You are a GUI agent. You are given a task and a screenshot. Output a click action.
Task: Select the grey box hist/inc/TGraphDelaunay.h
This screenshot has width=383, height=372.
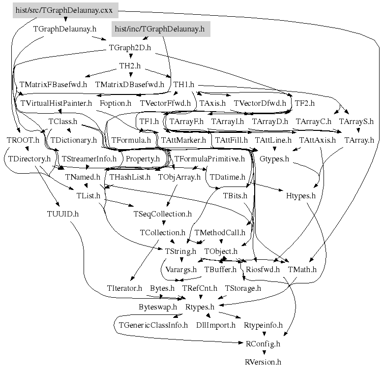(x=159, y=30)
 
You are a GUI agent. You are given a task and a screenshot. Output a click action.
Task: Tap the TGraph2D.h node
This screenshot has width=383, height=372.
(x=130, y=48)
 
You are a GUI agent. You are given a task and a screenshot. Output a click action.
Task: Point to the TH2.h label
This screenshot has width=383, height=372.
(x=130, y=66)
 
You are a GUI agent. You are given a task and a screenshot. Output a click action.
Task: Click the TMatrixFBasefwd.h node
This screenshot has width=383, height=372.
(x=53, y=85)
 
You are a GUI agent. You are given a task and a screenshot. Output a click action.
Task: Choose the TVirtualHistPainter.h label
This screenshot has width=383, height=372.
(x=56, y=103)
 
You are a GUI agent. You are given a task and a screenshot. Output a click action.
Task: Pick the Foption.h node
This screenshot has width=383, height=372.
(x=115, y=103)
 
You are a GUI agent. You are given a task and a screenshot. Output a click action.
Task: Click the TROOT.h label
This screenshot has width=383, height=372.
(x=23, y=140)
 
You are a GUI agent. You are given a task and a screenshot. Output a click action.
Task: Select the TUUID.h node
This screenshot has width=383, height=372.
(x=63, y=214)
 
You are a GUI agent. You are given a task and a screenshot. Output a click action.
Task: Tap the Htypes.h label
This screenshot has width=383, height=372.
(x=300, y=196)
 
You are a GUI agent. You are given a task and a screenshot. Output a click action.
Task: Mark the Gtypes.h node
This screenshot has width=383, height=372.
(x=274, y=159)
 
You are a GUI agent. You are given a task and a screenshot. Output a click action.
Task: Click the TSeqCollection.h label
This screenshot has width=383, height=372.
(x=162, y=214)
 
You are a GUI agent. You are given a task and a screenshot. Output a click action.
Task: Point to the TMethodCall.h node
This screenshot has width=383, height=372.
(x=220, y=232)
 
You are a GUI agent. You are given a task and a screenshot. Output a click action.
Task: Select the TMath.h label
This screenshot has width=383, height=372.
(x=302, y=270)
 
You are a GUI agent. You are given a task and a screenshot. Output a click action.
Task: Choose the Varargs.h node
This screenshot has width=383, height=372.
(x=179, y=270)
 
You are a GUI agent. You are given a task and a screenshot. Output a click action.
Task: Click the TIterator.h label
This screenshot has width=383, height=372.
(x=124, y=288)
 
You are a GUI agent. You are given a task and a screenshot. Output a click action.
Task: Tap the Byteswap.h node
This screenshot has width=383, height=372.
(x=157, y=307)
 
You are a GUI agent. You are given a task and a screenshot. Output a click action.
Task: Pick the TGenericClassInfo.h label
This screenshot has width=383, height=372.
(x=153, y=325)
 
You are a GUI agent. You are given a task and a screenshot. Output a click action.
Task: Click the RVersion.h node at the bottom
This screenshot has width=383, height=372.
(x=263, y=362)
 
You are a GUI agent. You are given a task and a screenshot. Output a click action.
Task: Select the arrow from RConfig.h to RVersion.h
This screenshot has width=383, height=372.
(x=263, y=353)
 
